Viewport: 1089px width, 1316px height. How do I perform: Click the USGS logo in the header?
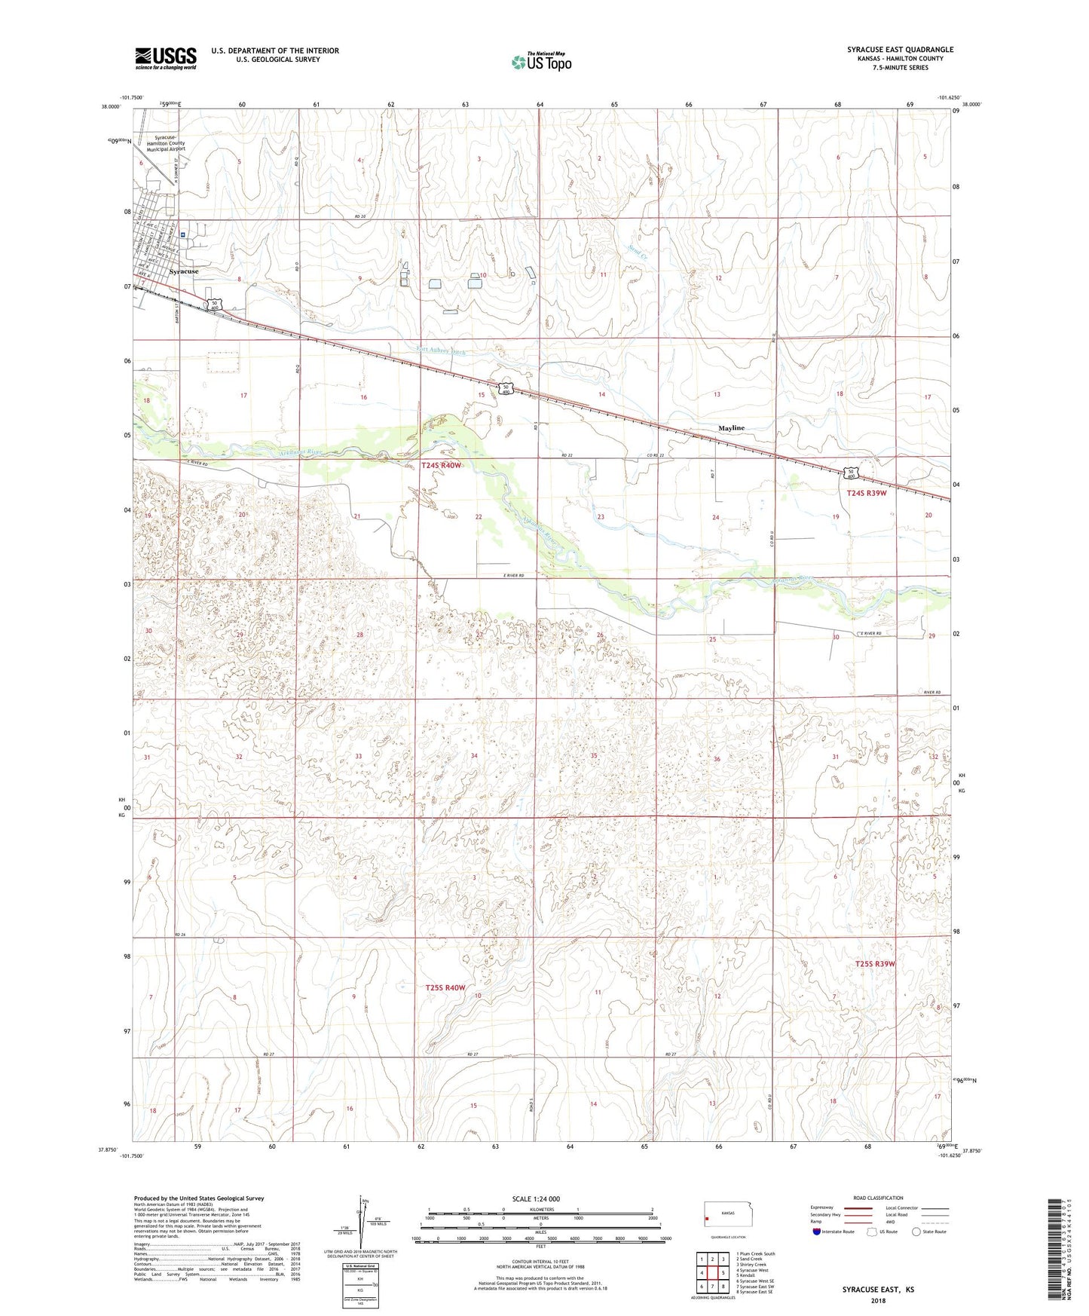tap(165, 58)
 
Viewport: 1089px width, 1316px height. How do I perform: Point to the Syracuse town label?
tap(184, 271)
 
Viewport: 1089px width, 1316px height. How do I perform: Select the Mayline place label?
tap(731, 428)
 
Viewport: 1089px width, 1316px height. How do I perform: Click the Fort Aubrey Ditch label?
tap(442, 351)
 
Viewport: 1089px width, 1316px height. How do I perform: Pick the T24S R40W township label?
tap(441, 466)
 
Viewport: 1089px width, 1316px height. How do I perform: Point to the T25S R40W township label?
tap(445, 987)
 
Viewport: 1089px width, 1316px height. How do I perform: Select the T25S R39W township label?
tap(875, 964)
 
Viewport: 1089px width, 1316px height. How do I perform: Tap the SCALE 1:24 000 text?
tap(536, 1198)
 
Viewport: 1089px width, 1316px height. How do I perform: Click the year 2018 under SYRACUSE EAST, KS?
tap(877, 1300)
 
